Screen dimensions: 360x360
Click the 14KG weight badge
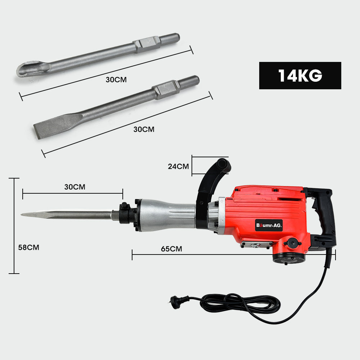tap(300, 76)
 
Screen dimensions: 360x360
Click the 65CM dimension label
tap(172, 249)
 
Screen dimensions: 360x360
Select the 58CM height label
tap(28, 247)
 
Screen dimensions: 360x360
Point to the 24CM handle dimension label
tap(178, 166)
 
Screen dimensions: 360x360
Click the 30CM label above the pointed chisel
tap(75, 187)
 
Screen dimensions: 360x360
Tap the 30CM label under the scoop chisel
tap(116, 80)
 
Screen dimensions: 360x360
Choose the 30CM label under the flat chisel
tap(144, 129)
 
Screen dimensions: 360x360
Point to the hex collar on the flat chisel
tap(166, 90)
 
